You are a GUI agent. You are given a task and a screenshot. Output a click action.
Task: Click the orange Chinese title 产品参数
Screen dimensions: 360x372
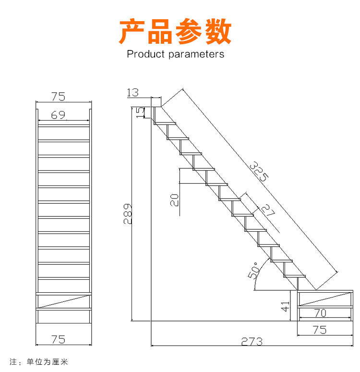click(x=175, y=31)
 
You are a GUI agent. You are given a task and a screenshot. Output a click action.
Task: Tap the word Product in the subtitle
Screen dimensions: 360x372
click(x=146, y=54)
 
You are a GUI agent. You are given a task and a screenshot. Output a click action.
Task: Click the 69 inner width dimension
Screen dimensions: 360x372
click(x=58, y=115)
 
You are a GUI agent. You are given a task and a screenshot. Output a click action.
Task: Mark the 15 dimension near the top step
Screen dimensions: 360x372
click(x=140, y=112)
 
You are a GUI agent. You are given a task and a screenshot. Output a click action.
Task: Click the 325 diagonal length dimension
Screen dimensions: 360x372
click(x=259, y=171)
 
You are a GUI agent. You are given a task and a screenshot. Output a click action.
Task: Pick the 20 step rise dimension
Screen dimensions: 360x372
click(x=175, y=199)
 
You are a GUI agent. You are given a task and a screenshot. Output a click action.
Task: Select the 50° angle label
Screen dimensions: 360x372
click(x=254, y=270)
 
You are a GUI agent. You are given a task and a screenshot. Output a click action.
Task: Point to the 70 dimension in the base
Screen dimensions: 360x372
click(x=320, y=313)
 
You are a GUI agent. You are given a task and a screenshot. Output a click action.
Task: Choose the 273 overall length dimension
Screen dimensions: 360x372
click(x=252, y=341)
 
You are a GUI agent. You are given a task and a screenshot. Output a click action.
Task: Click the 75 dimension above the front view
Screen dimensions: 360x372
click(x=58, y=96)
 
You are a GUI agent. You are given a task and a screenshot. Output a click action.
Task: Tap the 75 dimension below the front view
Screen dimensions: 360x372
click(x=58, y=339)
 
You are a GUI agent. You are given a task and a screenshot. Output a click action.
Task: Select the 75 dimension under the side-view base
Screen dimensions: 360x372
click(x=319, y=330)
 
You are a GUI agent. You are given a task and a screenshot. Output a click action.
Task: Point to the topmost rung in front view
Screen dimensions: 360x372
click(x=63, y=125)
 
